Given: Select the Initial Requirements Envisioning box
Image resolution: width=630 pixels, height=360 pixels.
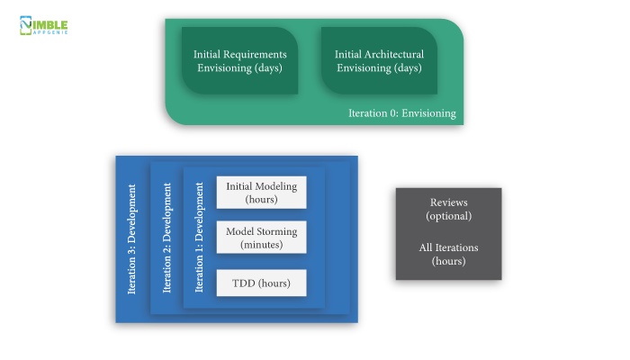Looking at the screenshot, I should (239, 60).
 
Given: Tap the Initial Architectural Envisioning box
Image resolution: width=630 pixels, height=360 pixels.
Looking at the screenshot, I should (379, 60).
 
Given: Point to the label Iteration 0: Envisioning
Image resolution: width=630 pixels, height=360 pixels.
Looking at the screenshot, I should (402, 113).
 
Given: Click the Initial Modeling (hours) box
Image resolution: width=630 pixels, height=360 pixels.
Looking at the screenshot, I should (261, 192).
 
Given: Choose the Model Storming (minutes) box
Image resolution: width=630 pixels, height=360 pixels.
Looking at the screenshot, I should (261, 238).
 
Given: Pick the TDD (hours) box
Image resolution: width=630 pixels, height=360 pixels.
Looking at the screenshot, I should (261, 283).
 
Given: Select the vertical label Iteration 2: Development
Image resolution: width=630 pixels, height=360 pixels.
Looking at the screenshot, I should (166, 239).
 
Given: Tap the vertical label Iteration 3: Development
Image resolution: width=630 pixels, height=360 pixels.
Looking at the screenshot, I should (132, 239).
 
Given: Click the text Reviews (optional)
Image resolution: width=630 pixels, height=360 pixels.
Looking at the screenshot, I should (448, 209).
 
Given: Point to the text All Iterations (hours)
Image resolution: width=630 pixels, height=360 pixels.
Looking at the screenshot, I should (448, 254).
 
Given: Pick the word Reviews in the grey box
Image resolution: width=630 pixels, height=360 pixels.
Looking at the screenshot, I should (448, 202).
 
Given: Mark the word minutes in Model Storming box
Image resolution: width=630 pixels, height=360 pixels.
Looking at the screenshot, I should (261, 245).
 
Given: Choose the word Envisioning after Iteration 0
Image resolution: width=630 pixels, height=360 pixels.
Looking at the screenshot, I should (428, 113).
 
